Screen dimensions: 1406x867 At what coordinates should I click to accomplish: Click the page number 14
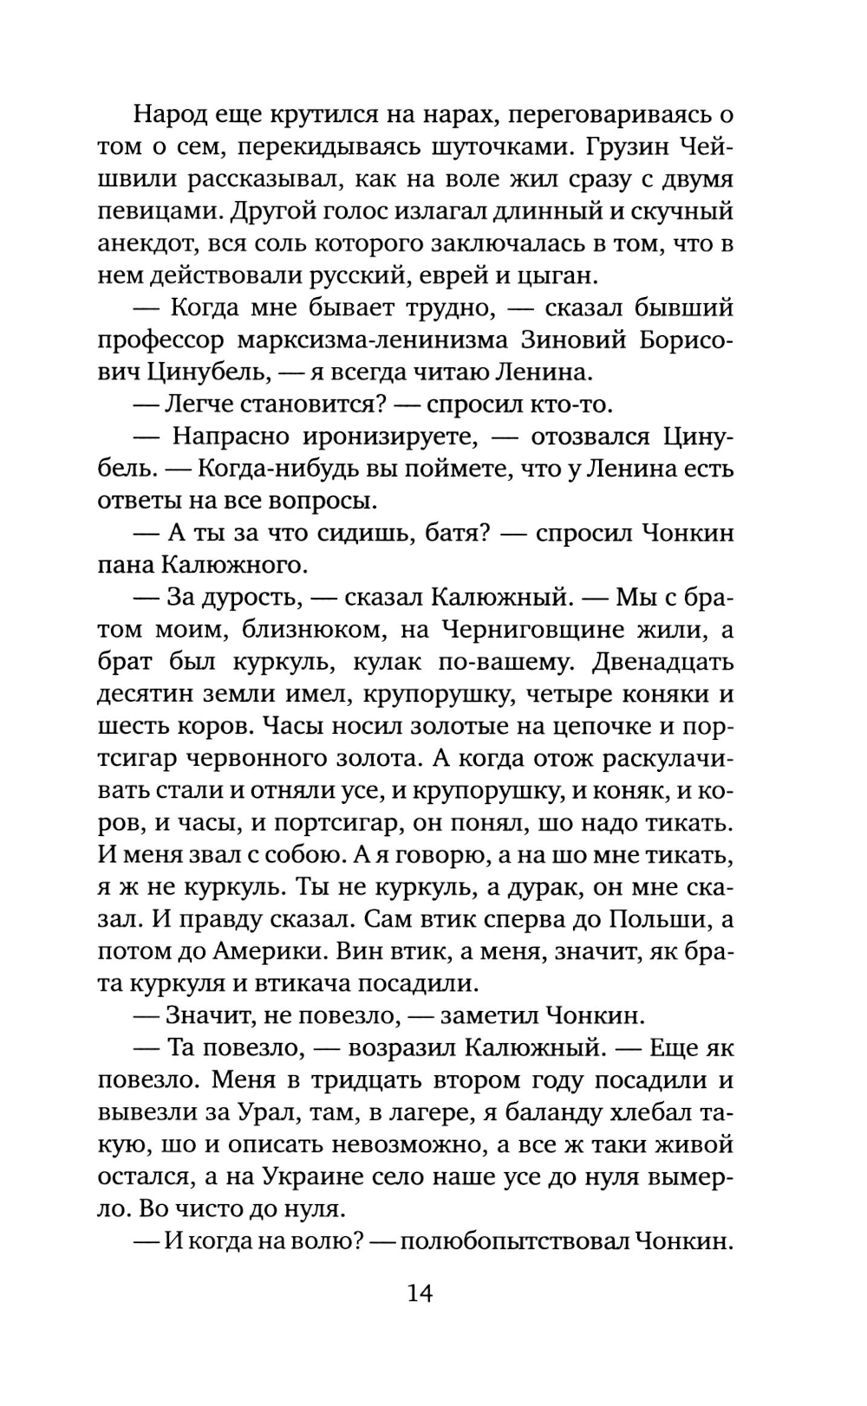coord(420,1293)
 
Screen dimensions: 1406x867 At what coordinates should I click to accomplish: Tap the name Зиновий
coord(573,340)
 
